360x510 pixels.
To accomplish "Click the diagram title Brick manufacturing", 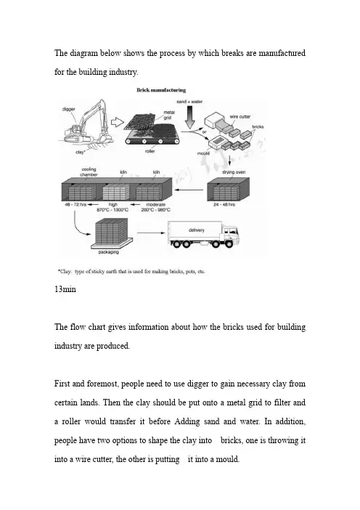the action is [x=161, y=90].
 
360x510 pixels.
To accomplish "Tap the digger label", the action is [x=68, y=109].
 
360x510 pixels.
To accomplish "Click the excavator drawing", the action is [x=86, y=121].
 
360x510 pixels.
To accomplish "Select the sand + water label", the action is [x=189, y=102].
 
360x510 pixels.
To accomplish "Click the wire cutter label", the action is [x=240, y=117].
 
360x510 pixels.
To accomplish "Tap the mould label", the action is [x=203, y=153].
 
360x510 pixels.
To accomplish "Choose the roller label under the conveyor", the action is [x=150, y=151].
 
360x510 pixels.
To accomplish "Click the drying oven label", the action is [x=234, y=172].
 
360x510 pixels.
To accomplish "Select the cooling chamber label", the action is [x=89, y=171].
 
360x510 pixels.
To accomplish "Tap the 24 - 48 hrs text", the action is [x=224, y=205].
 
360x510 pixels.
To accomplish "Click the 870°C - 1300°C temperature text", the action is [x=112, y=210].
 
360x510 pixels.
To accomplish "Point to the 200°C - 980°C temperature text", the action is [x=155, y=210].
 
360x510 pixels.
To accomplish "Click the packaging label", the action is [x=109, y=252].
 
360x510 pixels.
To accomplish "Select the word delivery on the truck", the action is [x=196, y=230].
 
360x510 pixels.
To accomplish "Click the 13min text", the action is [x=65, y=289].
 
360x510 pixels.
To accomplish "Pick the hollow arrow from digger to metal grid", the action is [x=118, y=122].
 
